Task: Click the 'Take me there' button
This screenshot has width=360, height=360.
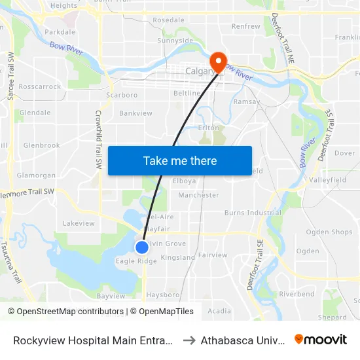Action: pos(180,160)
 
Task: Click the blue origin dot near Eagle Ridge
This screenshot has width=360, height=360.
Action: pos(142,247)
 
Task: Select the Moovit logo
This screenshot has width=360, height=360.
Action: pos(321,340)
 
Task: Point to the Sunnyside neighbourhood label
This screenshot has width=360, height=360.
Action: pos(175,41)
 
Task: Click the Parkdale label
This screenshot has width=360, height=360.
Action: pos(60,31)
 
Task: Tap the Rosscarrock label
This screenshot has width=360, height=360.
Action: pos(40,86)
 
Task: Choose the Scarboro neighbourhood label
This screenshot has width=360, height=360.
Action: pos(122,95)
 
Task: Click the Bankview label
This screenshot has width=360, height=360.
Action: pos(135,113)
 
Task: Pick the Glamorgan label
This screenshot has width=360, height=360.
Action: pos(36,175)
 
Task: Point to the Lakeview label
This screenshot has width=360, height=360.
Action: pos(79,223)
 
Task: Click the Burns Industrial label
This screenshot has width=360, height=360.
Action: pos(253,213)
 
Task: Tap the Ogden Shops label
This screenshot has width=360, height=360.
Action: pos(329,232)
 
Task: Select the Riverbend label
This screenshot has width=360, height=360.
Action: pos(297,295)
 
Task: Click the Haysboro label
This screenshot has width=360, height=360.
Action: pos(162,295)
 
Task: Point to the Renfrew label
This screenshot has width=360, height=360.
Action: pos(245,27)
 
